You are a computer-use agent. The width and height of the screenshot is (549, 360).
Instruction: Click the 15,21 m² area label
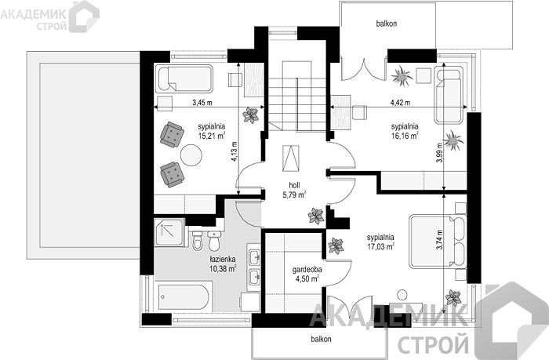(x=211, y=136)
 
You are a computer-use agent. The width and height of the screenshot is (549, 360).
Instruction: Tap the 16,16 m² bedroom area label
(x=405, y=136)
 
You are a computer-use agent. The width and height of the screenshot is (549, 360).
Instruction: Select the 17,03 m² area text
(x=380, y=246)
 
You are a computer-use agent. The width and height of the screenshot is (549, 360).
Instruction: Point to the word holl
(x=294, y=186)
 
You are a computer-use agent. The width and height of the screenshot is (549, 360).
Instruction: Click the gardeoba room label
(x=307, y=270)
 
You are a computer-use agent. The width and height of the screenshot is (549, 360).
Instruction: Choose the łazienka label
(x=223, y=260)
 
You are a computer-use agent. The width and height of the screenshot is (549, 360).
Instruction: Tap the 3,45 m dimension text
(x=202, y=103)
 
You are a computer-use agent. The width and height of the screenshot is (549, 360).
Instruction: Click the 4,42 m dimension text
(x=401, y=103)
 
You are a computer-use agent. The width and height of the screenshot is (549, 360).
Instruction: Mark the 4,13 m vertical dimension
(x=235, y=151)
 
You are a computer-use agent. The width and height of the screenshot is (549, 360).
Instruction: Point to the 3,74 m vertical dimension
(x=439, y=239)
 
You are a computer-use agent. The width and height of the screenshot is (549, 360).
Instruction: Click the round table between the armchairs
(x=191, y=154)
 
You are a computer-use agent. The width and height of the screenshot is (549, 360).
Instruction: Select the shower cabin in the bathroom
(x=169, y=233)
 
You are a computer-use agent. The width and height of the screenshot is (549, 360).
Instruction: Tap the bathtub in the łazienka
(x=185, y=297)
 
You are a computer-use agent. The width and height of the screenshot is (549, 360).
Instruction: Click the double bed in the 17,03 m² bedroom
(x=438, y=242)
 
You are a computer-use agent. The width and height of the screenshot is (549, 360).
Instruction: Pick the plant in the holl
(x=316, y=216)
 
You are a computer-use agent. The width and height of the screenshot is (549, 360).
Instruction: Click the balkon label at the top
(x=387, y=24)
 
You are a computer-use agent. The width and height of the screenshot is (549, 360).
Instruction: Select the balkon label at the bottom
(x=321, y=339)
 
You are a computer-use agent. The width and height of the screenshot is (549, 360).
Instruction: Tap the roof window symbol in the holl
(x=291, y=158)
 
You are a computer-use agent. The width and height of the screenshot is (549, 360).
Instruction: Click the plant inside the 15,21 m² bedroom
(x=250, y=115)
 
